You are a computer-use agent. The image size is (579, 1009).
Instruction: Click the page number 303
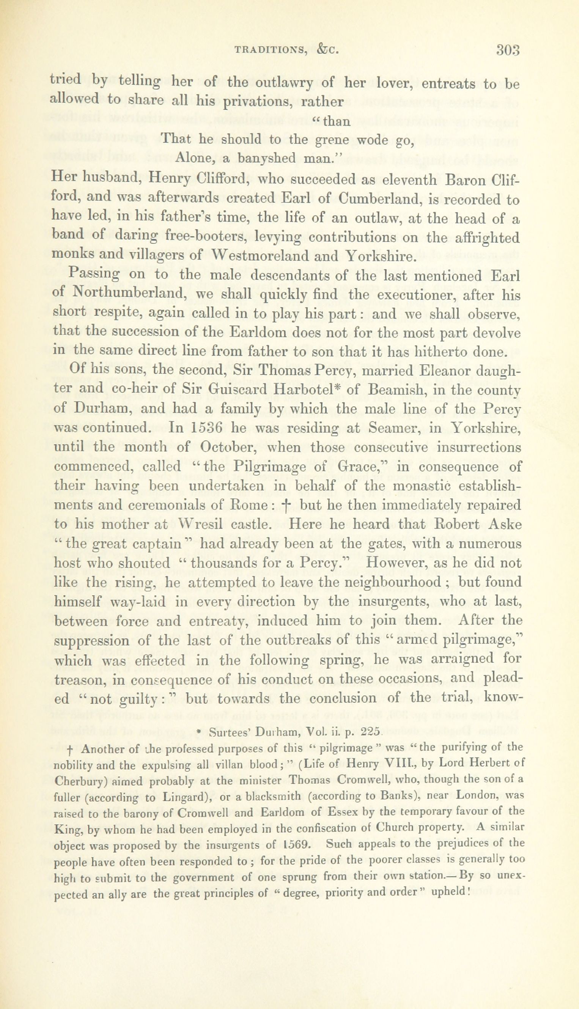(508, 50)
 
